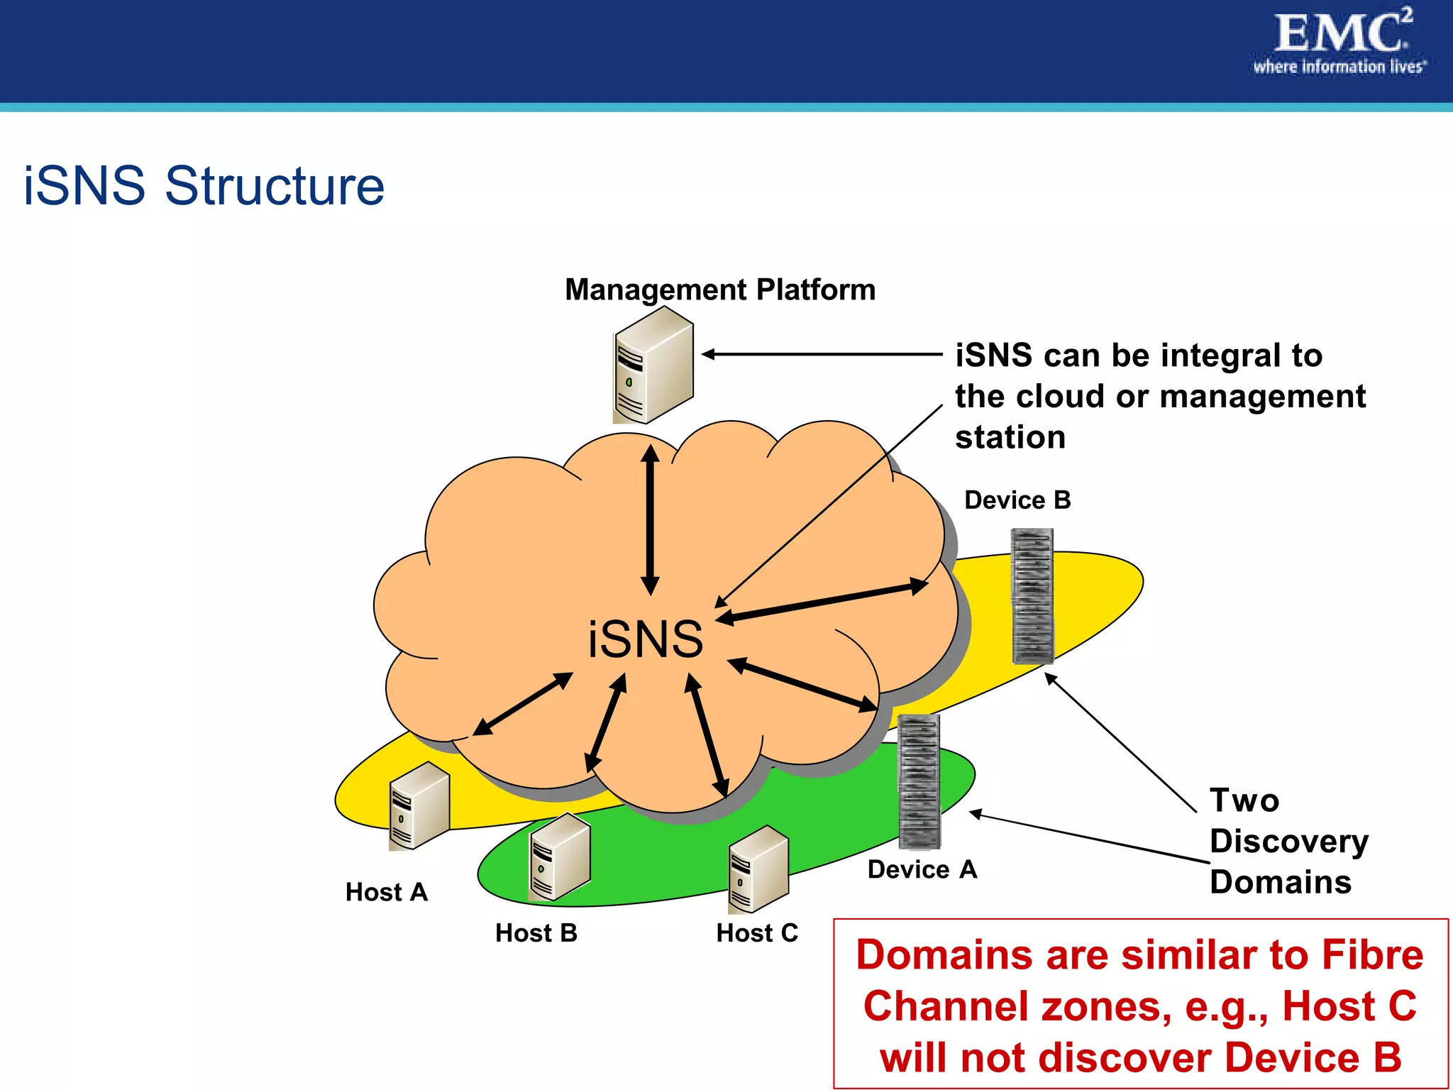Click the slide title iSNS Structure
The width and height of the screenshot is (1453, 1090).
(x=204, y=186)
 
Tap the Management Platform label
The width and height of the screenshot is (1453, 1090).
(x=719, y=290)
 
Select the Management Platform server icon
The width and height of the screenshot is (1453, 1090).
(x=652, y=365)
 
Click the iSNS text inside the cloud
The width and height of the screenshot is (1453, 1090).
(x=645, y=639)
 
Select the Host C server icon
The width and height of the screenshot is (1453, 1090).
(x=758, y=869)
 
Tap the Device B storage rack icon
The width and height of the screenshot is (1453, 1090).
(x=1032, y=595)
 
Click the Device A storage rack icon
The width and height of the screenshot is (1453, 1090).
(x=919, y=781)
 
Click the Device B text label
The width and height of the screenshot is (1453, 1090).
(x=1017, y=500)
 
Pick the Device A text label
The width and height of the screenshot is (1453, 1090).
(x=922, y=869)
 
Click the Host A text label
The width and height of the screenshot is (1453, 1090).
(x=386, y=892)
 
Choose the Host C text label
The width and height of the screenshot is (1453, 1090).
(x=756, y=932)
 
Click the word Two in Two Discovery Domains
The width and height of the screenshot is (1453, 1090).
(x=1244, y=800)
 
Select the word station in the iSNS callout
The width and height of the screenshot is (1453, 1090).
(x=1010, y=437)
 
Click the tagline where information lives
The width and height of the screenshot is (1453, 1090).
(x=1339, y=67)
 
